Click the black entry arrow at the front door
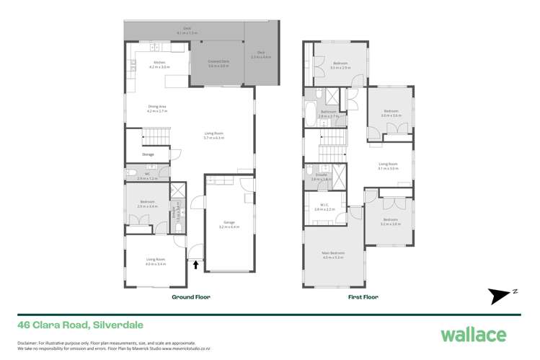pos(195,264)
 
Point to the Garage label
pos(230,224)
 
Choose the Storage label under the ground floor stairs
pos(148,154)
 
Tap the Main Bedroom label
pos(333,253)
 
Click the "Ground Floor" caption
pos(190,297)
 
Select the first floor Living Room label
pos(388,165)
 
